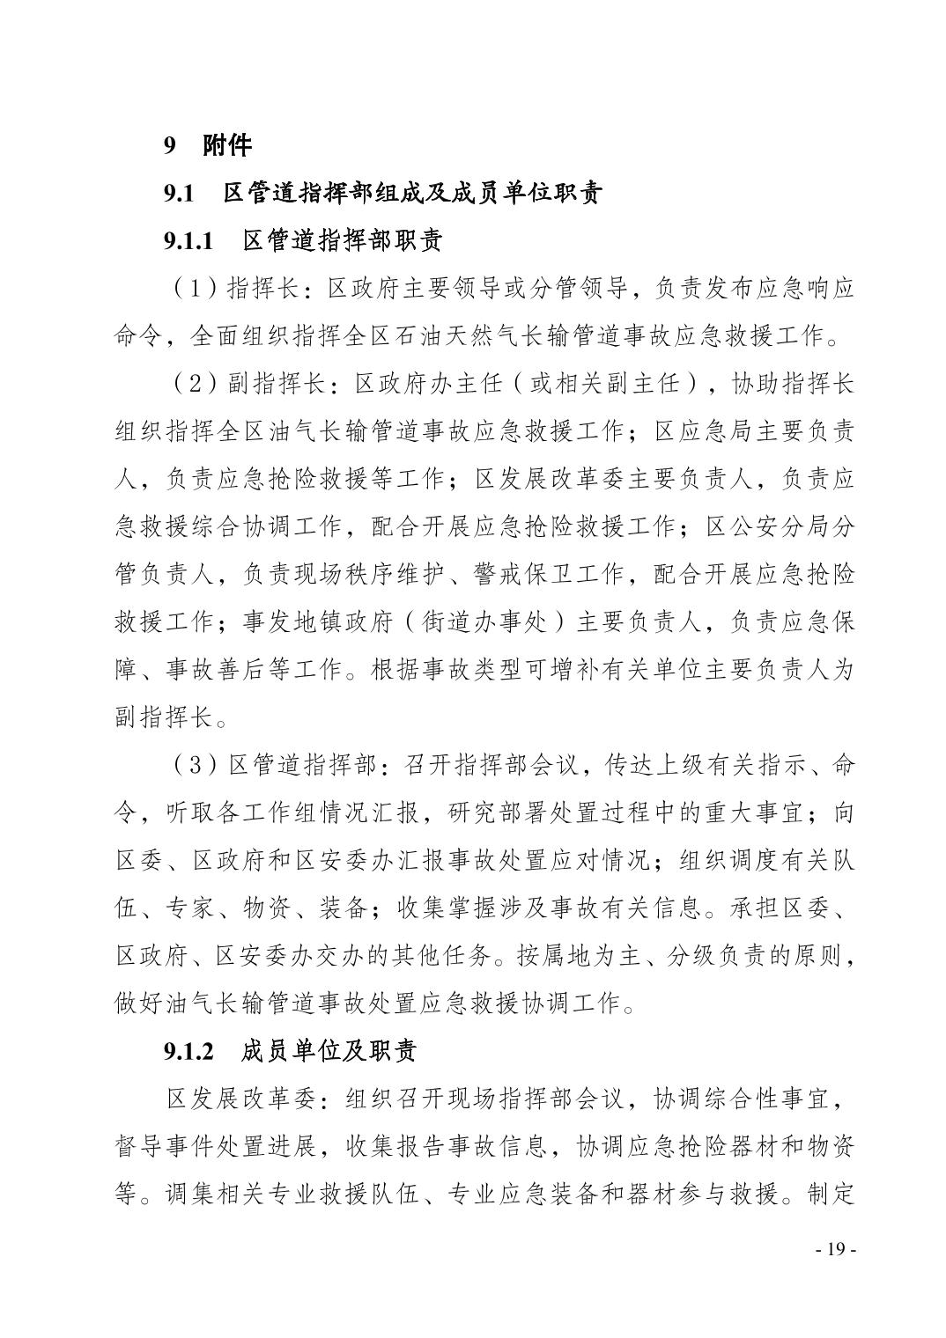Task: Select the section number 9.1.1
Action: coord(188,240)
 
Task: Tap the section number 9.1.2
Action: coord(188,1050)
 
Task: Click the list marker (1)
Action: coord(190,288)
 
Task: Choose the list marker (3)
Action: coord(190,764)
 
